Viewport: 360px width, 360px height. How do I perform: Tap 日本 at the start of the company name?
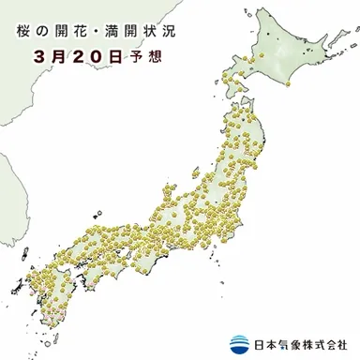(x=262, y=344)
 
